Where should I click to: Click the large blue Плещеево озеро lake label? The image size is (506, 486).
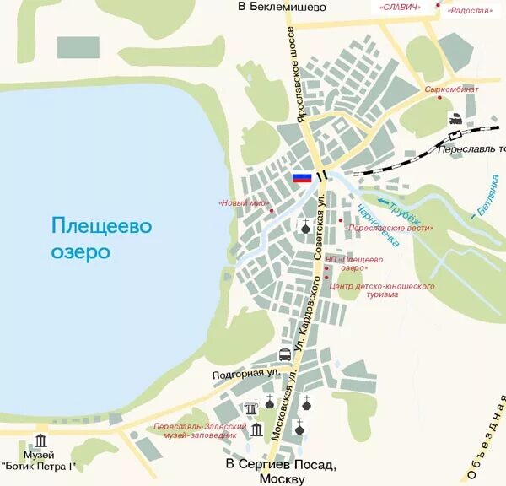coord(101,239)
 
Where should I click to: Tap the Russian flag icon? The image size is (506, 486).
coord(302,177)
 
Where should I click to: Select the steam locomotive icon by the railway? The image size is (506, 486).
coord(455,119)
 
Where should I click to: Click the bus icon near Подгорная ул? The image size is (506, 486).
coord(285,354)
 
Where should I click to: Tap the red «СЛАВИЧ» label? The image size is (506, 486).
coord(401,7)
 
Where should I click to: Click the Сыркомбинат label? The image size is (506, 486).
coord(451,89)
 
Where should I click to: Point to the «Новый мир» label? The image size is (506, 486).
coord(243,203)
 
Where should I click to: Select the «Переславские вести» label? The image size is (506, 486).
coord(390,228)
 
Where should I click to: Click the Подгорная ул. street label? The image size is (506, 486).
coord(245,372)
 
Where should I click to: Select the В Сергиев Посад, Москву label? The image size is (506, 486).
coord(282,471)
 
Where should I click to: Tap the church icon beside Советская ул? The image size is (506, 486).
coord(305,225)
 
